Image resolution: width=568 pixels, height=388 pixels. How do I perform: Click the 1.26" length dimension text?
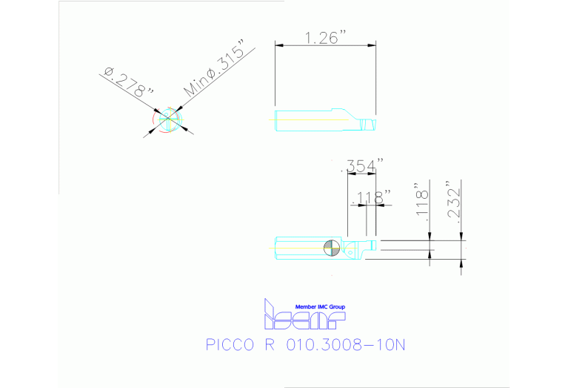(x=326, y=37)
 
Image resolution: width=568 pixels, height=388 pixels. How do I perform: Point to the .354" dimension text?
(x=362, y=167)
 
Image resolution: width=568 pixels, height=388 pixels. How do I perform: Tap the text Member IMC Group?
(x=320, y=306)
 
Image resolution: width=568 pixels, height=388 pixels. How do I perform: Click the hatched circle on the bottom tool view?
(x=333, y=248)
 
